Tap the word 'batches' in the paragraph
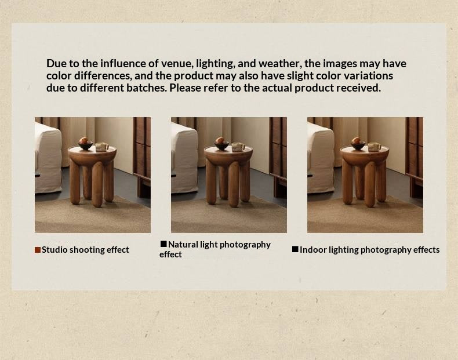tap(146, 88)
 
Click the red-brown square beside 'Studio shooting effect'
tap(38, 250)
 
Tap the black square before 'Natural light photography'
tap(163, 244)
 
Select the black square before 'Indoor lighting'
tap(295, 249)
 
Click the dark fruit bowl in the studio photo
tap(85, 145)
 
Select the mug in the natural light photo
tap(238, 147)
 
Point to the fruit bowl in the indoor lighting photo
tap(358, 145)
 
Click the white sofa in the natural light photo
tap(184, 158)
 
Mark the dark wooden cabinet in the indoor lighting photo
tap(414, 155)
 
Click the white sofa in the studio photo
tap(48, 158)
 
